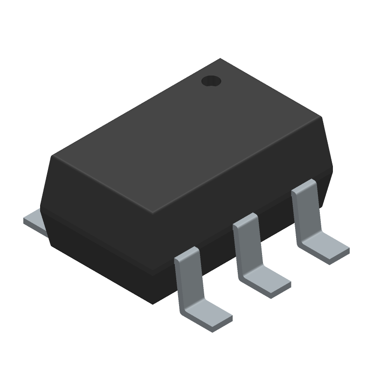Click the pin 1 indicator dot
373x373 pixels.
point(211,81)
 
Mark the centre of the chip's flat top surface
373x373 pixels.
point(186,135)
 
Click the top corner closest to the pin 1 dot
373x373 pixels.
point(221,59)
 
